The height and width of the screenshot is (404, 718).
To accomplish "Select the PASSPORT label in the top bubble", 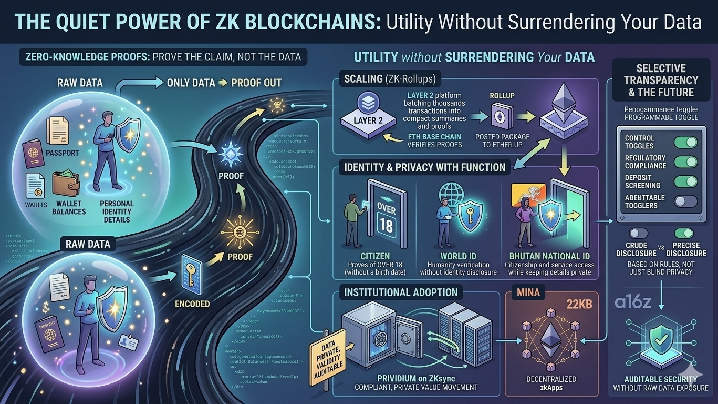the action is [63, 153].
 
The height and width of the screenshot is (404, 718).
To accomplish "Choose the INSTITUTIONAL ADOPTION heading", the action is [401, 292].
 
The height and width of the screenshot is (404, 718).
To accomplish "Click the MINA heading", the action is [528, 292].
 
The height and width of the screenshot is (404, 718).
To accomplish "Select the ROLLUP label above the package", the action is [502, 96].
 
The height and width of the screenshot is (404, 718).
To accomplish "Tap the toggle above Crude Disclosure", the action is [638, 233].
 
